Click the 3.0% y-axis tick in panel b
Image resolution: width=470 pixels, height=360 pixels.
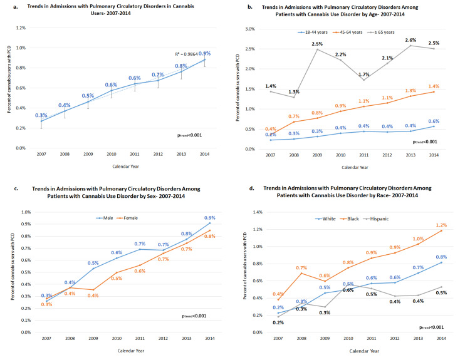tap(253, 29)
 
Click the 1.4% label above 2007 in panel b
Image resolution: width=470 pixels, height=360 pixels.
tap(271, 85)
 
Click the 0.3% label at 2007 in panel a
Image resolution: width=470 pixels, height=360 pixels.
tap(41, 115)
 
